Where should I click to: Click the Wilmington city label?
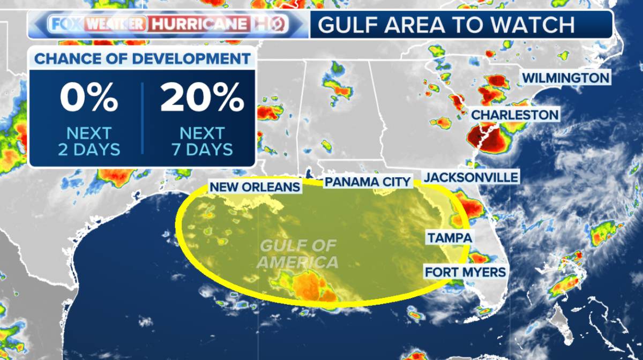pos(566,78)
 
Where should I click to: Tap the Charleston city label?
pos(514,115)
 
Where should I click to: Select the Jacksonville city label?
pos(471,177)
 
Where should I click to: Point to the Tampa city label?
pos(449,238)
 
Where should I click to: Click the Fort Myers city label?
pos(465,272)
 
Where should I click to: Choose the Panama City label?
pos(368,182)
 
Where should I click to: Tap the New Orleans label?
pos(255,187)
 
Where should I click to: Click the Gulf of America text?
pos(297,254)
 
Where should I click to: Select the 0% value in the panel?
pos(88,99)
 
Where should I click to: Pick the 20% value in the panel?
pos(202,99)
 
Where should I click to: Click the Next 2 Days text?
pos(89,141)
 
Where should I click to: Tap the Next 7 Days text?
pos(202,141)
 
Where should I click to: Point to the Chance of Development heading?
pos(142,58)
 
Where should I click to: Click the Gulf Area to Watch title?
pos(445,24)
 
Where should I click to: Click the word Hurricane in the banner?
pos(199,24)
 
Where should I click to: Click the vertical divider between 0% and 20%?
pos(143,118)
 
